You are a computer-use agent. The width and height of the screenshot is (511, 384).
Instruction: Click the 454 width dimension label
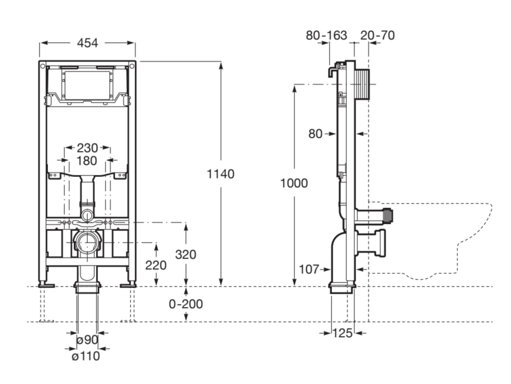click(x=87, y=43)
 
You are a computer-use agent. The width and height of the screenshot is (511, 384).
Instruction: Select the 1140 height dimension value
click(x=221, y=174)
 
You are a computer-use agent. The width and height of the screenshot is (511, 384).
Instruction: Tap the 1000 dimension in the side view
click(x=294, y=183)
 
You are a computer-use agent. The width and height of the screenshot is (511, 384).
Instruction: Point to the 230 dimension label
click(x=87, y=148)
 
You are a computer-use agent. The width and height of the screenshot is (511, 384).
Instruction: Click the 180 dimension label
click(x=87, y=161)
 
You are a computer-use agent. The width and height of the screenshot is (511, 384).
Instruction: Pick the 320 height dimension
click(x=186, y=254)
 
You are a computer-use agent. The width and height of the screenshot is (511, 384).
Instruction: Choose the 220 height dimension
click(x=156, y=265)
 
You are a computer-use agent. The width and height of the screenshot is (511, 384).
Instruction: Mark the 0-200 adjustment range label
click(x=186, y=303)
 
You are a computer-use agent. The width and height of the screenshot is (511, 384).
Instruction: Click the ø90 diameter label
click(x=87, y=339)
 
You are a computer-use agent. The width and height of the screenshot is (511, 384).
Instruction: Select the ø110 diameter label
click(x=85, y=356)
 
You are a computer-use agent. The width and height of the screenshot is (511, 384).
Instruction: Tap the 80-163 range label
click(x=326, y=35)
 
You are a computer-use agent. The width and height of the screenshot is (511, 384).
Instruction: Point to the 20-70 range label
click(x=378, y=35)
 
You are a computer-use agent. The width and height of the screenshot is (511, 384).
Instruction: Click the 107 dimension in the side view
click(x=309, y=269)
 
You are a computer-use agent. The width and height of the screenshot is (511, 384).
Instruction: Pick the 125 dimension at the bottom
click(x=342, y=332)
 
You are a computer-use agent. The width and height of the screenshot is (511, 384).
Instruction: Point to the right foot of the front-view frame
click(x=129, y=284)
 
